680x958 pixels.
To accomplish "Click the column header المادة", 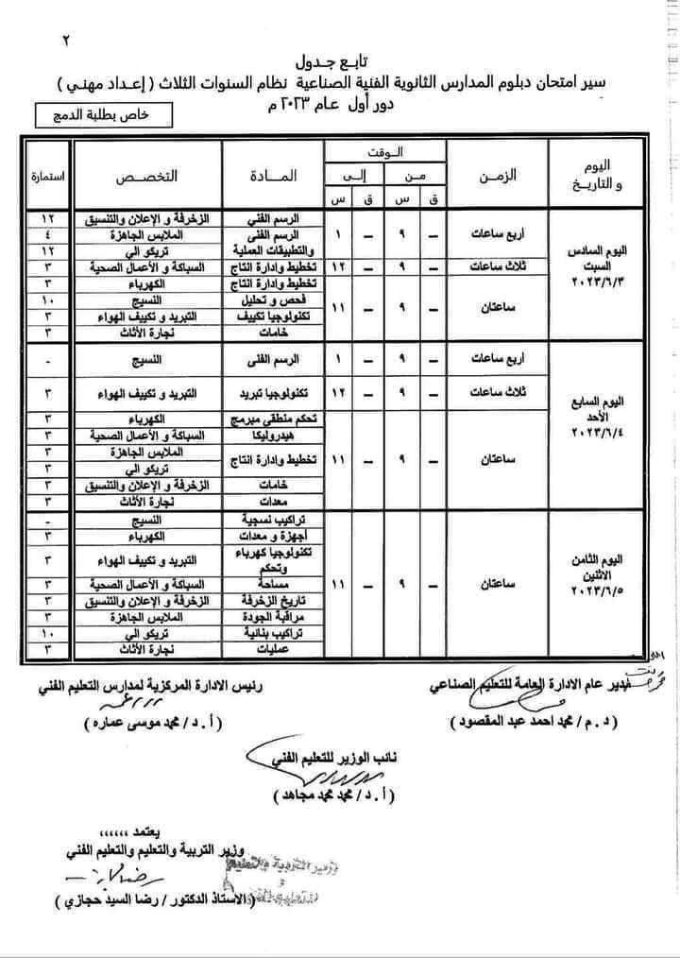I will (x=275, y=177).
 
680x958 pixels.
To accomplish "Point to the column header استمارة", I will (x=46, y=177).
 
